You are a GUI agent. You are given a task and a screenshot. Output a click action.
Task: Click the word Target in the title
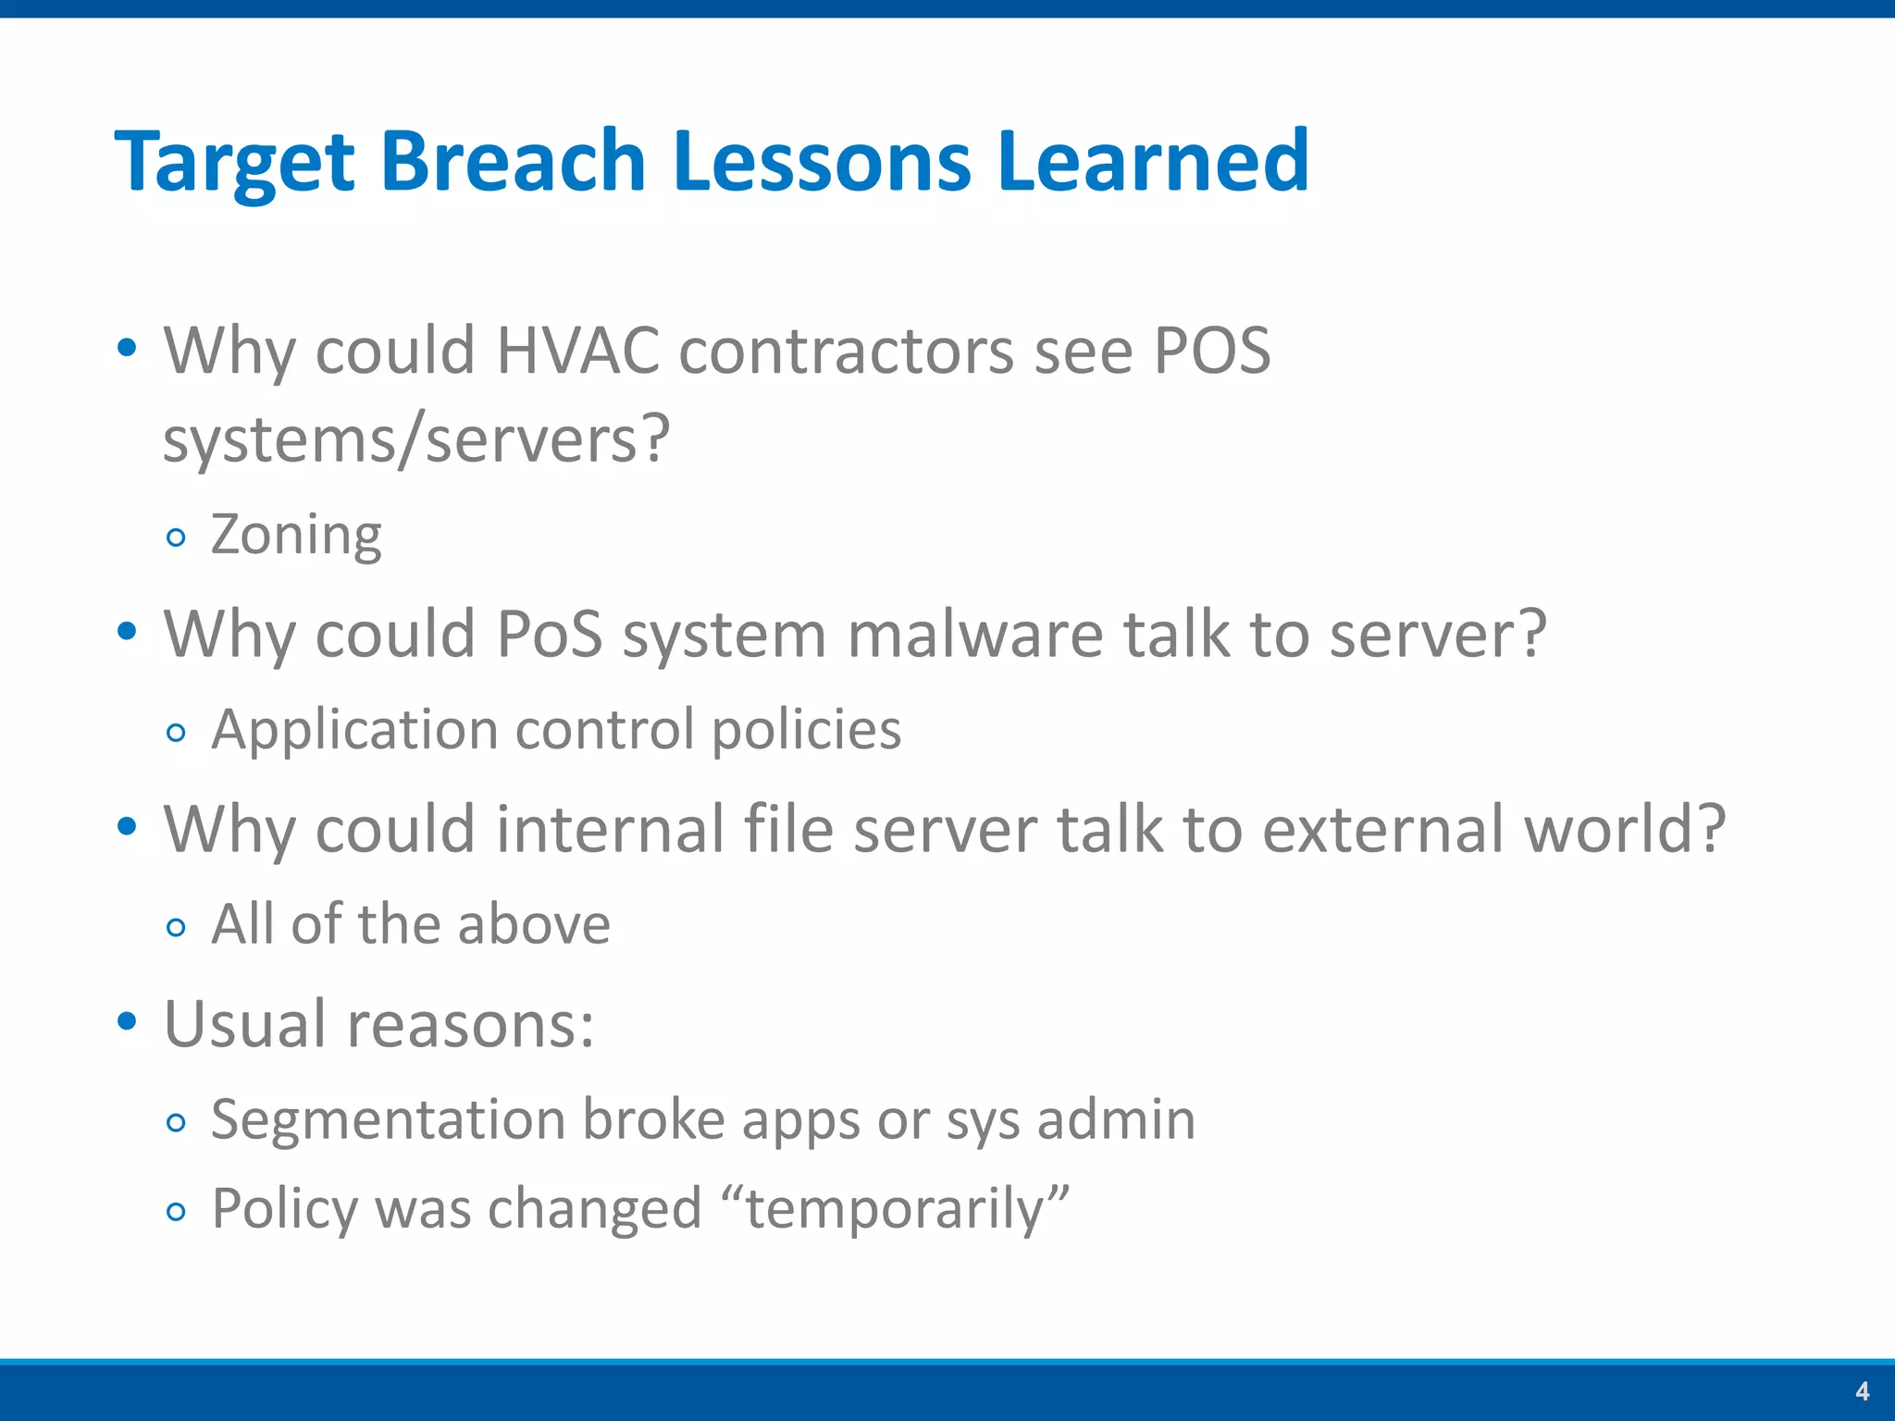coord(234,163)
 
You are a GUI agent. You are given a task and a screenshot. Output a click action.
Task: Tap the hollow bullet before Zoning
coord(176,538)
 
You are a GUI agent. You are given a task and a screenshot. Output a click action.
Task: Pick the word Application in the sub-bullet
coord(353,730)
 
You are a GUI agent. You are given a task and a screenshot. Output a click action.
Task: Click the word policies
coord(806,730)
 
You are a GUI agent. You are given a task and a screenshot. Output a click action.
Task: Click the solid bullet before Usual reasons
coord(128,1022)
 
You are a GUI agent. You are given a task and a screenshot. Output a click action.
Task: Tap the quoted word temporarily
coord(894,1209)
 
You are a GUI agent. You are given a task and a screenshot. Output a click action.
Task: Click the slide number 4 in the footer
coord(1863,1391)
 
